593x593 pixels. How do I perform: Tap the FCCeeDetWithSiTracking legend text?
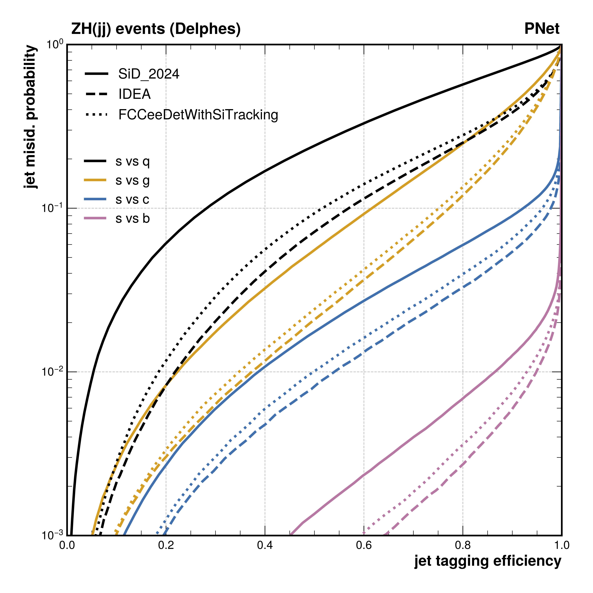(x=198, y=115)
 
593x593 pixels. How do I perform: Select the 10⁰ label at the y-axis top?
(x=55, y=45)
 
